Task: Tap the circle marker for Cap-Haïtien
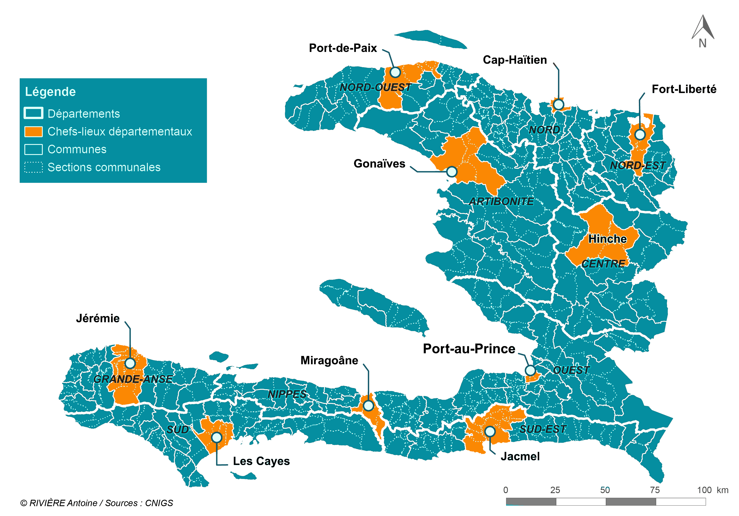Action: tap(558, 105)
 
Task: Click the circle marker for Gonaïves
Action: tap(452, 172)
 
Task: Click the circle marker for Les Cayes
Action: tap(217, 437)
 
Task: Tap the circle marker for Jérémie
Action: tap(130, 363)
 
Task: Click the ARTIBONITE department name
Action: tap(501, 201)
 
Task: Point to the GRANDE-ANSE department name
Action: tap(133, 379)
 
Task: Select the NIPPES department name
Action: tap(287, 394)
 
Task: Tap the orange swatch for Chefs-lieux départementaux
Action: tap(33, 131)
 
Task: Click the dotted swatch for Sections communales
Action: tap(33, 167)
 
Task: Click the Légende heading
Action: tap(50, 92)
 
